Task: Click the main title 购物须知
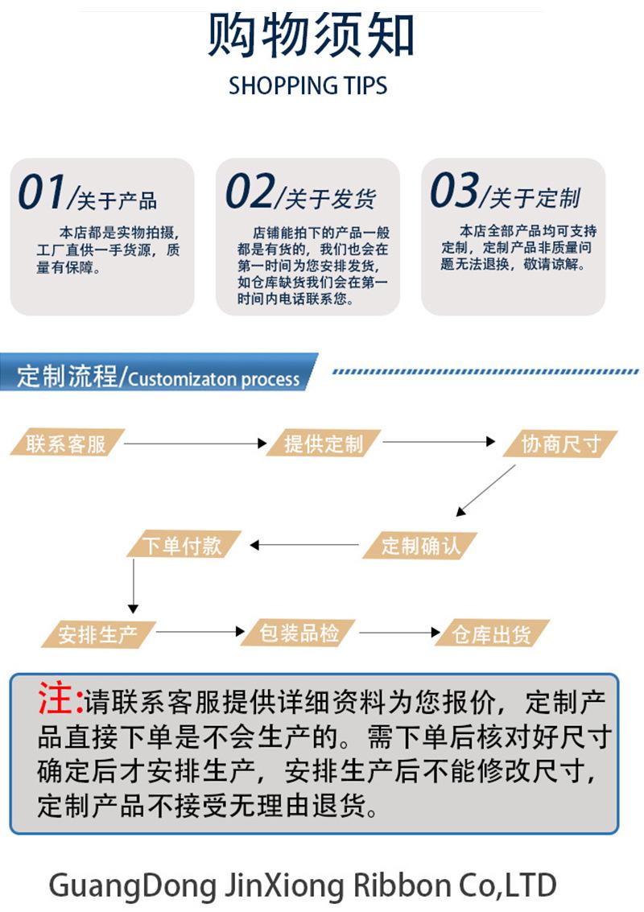click(x=311, y=36)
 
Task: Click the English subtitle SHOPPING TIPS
click(x=308, y=86)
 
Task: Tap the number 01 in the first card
click(x=42, y=192)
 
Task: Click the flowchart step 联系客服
click(x=66, y=444)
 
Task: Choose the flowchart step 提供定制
click(x=324, y=444)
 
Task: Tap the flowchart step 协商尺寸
click(x=560, y=444)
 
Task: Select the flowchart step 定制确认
click(x=420, y=546)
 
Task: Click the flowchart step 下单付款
click(x=183, y=545)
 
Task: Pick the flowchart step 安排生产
click(x=97, y=634)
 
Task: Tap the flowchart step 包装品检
click(x=299, y=632)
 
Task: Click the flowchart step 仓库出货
click(x=492, y=633)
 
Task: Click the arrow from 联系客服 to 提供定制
click(x=195, y=444)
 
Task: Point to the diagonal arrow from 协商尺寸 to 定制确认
click(x=485, y=490)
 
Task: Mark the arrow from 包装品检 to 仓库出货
click(x=399, y=632)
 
